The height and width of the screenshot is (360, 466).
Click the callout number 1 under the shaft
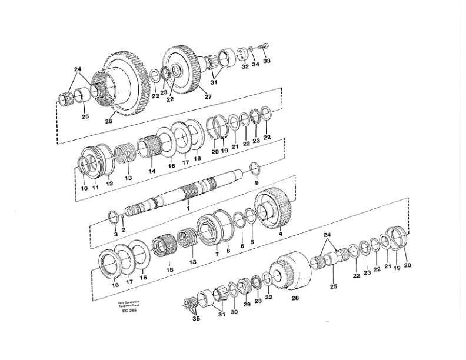tap(188, 208)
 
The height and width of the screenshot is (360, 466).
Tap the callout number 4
tap(280, 234)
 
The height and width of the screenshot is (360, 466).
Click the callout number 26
tap(109, 122)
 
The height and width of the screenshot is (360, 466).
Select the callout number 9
tap(257, 183)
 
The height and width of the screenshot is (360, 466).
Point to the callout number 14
tap(152, 171)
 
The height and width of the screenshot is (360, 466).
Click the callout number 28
tap(295, 298)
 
